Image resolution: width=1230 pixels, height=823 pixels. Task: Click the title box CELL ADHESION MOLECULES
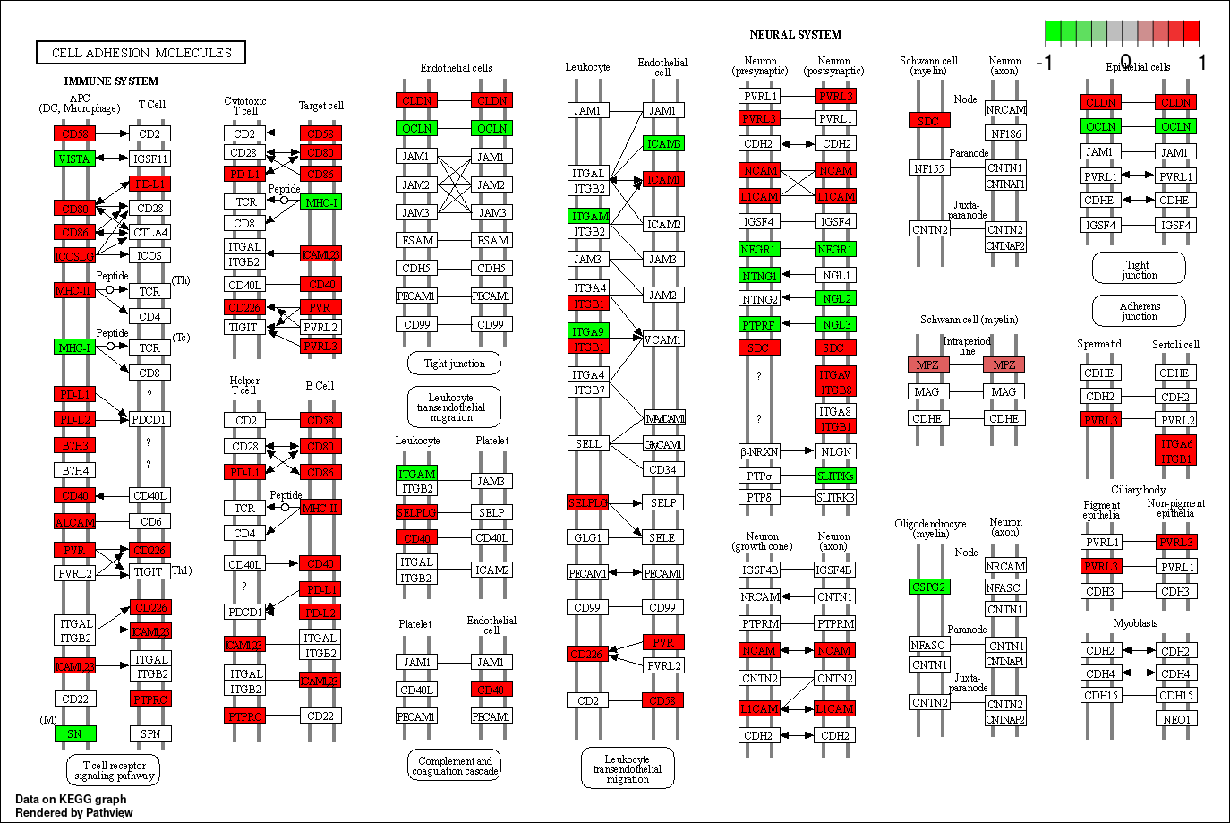(141, 53)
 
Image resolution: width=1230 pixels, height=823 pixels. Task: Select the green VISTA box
(74, 159)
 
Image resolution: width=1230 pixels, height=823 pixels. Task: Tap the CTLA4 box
(149, 232)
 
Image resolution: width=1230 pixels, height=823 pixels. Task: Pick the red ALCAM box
(74, 522)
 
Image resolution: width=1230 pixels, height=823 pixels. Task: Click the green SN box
(74, 733)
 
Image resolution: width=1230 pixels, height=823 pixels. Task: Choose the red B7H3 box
(74, 445)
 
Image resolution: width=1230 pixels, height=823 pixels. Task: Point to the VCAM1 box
(662, 339)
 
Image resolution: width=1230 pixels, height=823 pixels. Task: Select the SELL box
(588, 443)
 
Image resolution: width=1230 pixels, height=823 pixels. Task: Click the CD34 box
(662, 469)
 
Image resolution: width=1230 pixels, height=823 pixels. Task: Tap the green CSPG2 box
(928, 587)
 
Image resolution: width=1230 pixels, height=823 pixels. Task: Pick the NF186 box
(1005, 134)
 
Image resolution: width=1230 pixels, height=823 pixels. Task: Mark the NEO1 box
(1176, 719)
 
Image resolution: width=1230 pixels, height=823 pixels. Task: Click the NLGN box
(835, 451)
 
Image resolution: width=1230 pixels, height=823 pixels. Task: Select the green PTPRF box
(759, 324)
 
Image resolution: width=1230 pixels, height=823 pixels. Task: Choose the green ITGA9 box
(588, 331)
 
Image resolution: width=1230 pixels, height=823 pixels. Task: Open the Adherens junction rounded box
(1139, 311)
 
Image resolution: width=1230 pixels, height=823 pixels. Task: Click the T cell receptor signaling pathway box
(114, 770)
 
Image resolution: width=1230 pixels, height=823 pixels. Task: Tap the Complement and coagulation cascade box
(455, 766)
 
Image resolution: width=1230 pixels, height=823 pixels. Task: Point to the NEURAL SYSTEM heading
(795, 35)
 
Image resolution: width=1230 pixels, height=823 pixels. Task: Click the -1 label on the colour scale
(1044, 63)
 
